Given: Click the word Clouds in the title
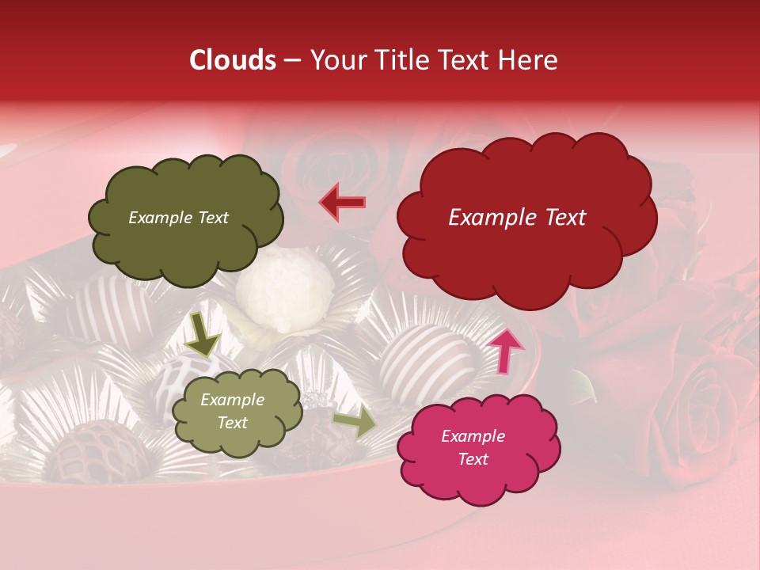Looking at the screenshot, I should (x=233, y=60).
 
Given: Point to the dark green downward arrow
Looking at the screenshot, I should (x=202, y=332).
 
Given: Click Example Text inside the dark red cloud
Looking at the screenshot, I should (x=517, y=218).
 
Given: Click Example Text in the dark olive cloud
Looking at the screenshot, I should (x=178, y=218).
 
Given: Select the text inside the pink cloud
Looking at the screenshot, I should (x=473, y=447).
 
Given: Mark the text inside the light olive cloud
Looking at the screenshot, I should (x=232, y=412).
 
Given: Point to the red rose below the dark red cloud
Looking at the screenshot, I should (x=697, y=404).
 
